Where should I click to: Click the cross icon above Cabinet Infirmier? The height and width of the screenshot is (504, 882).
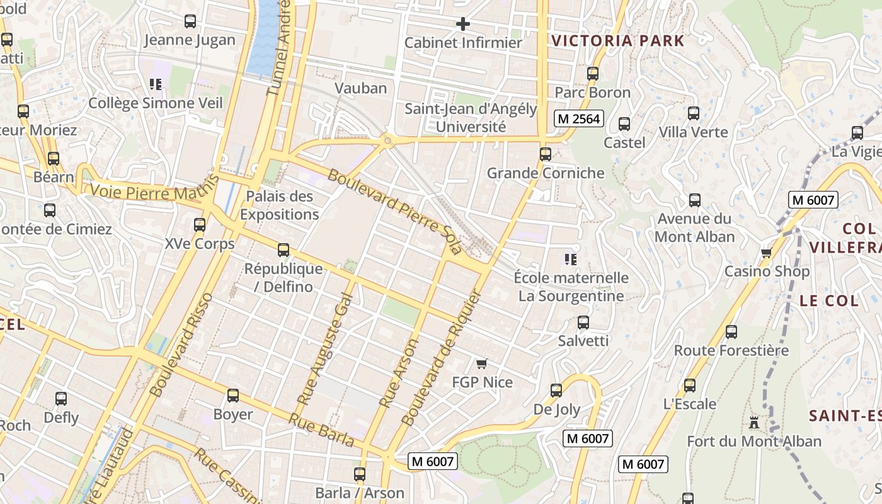pos(463,25)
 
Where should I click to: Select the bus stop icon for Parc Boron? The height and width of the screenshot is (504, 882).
pos(593,74)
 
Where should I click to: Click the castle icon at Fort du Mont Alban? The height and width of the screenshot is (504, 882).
pos(754,422)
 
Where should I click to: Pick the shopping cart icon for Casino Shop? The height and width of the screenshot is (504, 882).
pos(766,253)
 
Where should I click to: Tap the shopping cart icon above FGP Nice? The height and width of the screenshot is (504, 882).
pos(482,364)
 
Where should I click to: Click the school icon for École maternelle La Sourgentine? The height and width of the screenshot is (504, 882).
pos(571,260)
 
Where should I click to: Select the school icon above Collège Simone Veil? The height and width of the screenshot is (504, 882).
pos(156,84)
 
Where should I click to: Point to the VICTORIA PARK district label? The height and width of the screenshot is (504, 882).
pos(617,41)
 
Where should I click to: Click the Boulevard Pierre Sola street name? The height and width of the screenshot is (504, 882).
pos(395,211)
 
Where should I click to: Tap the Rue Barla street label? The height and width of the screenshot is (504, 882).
pos(321,430)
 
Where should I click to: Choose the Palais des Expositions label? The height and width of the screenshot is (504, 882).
pos(279,205)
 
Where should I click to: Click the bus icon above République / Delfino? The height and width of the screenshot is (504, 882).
pos(283,250)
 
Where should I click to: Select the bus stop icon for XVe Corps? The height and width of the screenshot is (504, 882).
pos(200,225)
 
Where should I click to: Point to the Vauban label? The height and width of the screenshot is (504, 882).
pos(361,88)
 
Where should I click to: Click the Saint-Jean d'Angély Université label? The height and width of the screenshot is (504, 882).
pos(471,118)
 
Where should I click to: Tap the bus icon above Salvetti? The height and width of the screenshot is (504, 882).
pos(583,323)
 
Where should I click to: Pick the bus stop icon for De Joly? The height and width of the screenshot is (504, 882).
pos(556,391)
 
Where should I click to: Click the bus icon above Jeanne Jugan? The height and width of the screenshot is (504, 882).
pos(190,21)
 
